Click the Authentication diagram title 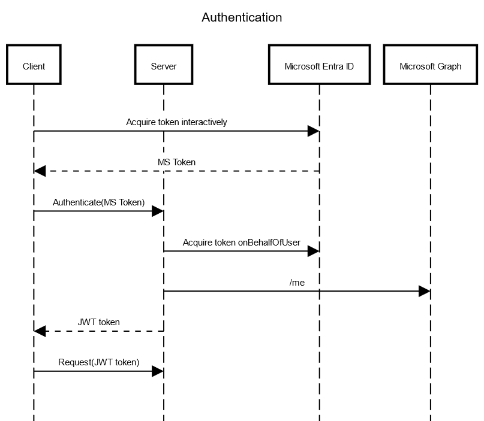242,17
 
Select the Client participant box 34,65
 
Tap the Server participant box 163,65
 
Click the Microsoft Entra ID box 319,65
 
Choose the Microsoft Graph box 430,65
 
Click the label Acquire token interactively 176,122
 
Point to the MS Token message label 176,162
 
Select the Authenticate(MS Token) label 98,202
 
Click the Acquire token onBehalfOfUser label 241,243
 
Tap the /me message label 297,283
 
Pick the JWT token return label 98,322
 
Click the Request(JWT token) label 98,362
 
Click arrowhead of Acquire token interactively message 313,131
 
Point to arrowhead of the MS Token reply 40,171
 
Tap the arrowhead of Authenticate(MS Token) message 157,211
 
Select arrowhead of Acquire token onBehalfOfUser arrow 313,252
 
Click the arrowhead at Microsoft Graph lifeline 424,291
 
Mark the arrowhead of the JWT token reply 40,331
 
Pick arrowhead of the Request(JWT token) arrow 157,371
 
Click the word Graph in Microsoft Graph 449,66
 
